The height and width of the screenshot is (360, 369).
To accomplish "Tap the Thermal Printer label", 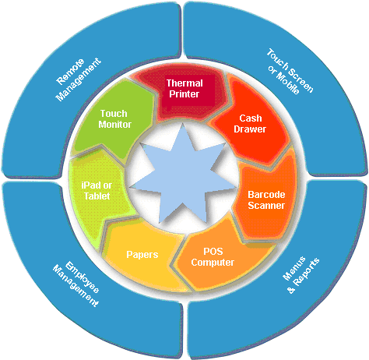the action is coord(184,89).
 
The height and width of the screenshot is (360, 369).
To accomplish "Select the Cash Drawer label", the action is coord(250,124).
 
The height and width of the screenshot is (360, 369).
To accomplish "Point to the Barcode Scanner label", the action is coord(266,200).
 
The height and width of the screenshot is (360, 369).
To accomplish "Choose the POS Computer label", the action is coord(213,257).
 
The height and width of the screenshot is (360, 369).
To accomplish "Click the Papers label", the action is coord(142,255).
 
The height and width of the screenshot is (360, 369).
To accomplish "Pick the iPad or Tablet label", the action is coord(97,191).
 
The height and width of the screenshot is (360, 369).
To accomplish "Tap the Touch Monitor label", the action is coord(114,119).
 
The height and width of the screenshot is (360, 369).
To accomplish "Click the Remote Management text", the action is coord(77,79).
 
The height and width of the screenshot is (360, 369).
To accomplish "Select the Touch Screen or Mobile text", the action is coord(290,72).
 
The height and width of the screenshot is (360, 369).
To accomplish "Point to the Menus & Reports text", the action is coord(301,275).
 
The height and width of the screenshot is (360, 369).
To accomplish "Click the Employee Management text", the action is coord(76,284).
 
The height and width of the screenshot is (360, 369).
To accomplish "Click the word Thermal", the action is coord(184,83).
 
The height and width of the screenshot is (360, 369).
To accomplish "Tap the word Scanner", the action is coord(266,206).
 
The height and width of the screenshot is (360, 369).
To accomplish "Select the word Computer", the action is coord(213,263).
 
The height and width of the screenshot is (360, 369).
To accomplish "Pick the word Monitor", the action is coord(114,124).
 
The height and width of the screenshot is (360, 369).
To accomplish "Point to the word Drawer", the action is coord(250,129).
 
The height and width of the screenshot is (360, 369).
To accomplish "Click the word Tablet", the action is coord(97,196).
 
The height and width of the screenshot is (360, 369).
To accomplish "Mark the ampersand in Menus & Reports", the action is coord(291,290).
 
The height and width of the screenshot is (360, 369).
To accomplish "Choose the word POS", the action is coord(213,252).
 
